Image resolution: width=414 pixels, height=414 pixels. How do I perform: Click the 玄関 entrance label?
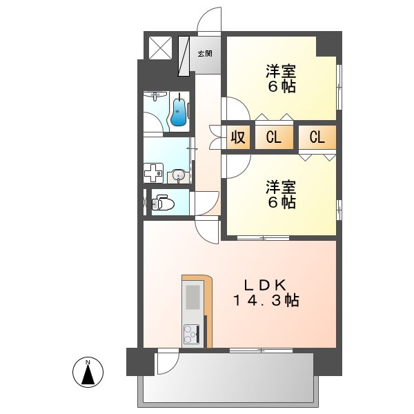tap(204, 53)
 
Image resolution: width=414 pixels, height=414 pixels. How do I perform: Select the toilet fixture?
tap(164, 202)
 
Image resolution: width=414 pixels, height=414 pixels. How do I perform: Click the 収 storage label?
tap(237, 137)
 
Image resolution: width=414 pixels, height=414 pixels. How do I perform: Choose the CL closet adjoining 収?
tap(273, 137)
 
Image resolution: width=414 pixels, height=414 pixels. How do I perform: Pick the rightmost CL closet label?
tap(317, 137)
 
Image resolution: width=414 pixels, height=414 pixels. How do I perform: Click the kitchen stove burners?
tap(191, 335)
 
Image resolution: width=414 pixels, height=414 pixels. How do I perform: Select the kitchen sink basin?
tap(193, 297)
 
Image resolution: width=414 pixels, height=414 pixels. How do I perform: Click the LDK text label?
tap(267, 283)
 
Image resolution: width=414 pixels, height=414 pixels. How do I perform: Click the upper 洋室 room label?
tap(282, 70)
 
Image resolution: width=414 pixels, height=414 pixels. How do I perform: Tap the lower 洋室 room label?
tap(282, 186)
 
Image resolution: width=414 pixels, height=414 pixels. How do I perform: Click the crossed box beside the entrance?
tap(161, 48)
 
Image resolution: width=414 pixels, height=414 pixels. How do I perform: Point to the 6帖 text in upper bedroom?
tap(282, 87)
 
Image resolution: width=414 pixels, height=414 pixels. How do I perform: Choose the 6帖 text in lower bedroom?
tap(282, 203)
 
